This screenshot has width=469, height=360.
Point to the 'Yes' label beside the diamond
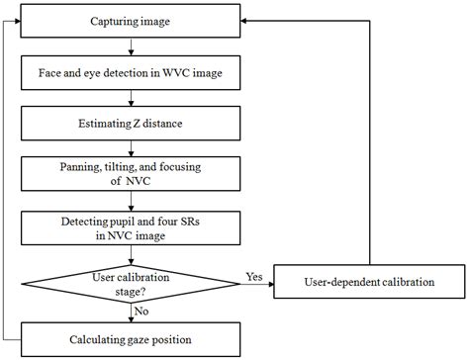click(x=253, y=275)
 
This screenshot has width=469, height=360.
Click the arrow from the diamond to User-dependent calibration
click(x=257, y=286)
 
